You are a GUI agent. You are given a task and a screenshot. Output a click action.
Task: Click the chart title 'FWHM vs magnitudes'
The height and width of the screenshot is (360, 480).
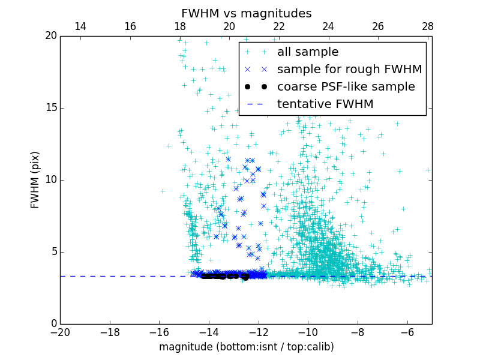click(246, 13)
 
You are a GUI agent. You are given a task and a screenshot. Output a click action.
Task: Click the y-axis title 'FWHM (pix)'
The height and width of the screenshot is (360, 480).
click(35, 179)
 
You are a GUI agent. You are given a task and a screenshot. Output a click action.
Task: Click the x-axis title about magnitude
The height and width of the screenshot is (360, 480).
click(246, 347)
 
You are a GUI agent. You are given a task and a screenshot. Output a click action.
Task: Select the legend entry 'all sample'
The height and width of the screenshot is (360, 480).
click(308, 52)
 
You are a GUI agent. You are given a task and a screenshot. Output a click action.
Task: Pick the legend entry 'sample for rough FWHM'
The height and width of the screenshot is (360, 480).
click(349, 70)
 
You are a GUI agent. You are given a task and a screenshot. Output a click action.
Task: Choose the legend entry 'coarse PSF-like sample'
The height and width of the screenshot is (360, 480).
click(346, 87)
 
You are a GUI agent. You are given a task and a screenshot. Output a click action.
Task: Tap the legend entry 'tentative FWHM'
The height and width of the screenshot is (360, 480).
click(325, 104)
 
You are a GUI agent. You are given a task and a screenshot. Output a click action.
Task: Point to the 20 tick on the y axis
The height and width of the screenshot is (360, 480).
click(50, 36)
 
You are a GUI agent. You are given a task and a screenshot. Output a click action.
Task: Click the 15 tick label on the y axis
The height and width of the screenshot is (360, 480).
click(50, 108)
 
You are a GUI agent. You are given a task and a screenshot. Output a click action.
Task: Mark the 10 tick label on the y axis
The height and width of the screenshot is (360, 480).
click(50, 180)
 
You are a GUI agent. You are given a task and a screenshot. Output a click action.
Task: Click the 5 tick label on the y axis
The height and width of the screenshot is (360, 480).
click(53, 252)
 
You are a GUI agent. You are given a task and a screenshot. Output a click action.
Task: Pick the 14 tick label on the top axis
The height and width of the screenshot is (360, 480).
click(80, 26)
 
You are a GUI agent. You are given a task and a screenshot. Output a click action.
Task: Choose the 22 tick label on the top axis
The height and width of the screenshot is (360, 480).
click(279, 26)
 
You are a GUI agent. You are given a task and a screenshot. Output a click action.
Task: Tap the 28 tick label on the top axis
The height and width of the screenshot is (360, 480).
click(428, 26)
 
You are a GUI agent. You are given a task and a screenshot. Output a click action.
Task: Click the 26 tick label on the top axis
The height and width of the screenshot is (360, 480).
click(378, 26)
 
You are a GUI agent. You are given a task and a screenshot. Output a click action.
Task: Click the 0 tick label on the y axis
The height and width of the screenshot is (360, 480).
click(53, 324)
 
